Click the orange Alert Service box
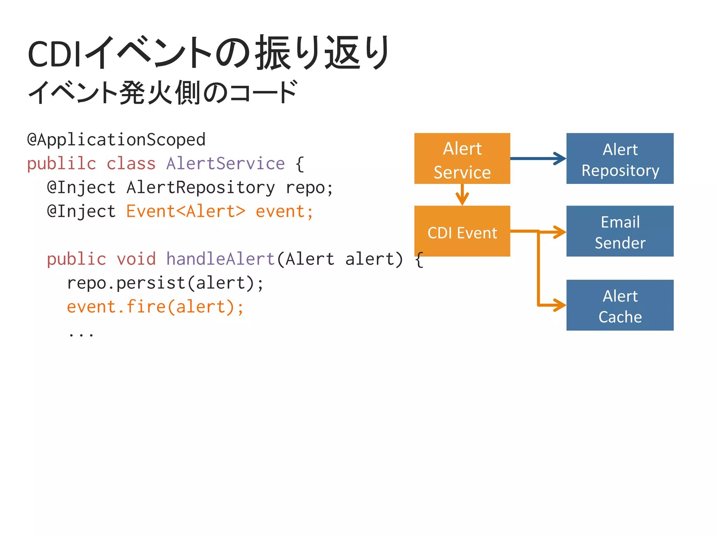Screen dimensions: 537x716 click(x=462, y=158)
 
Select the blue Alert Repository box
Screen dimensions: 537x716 click(x=620, y=158)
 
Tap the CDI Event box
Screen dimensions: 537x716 click(x=462, y=231)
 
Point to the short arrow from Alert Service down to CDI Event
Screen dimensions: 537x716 click(x=462, y=195)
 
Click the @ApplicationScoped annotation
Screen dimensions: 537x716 click(x=116, y=140)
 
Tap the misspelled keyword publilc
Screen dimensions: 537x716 click(x=62, y=164)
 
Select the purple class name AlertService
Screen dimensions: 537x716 click(x=225, y=164)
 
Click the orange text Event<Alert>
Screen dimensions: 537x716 click(x=186, y=212)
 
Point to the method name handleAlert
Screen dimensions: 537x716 click(x=220, y=259)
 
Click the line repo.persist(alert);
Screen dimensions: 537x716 click(x=165, y=283)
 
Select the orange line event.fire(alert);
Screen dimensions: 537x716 click(x=155, y=307)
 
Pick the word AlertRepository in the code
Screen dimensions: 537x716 click(x=201, y=188)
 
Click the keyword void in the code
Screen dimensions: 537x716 click(x=136, y=259)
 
